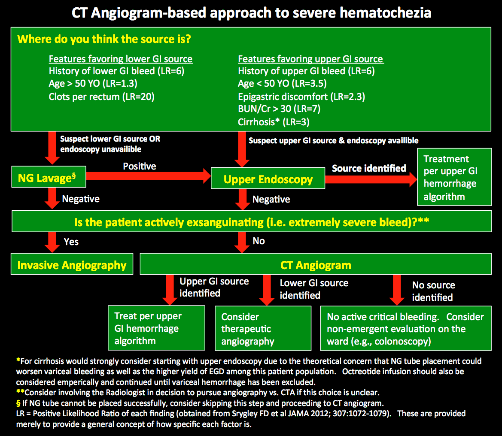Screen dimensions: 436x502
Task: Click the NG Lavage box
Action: click(x=49, y=178)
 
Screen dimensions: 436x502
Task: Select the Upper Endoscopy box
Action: click(x=268, y=179)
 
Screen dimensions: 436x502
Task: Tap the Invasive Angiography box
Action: click(x=72, y=265)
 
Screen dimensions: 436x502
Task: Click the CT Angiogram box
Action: click(x=316, y=264)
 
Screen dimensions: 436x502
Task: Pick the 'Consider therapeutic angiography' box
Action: click(x=262, y=329)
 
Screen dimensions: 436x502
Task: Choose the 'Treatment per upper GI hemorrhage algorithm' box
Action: click(x=454, y=177)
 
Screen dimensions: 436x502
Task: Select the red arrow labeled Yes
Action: click(x=53, y=242)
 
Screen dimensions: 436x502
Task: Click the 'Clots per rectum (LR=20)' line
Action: click(x=102, y=97)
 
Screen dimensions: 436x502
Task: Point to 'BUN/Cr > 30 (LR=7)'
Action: click(x=279, y=109)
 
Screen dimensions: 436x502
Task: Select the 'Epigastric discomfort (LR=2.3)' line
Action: click(x=301, y=97)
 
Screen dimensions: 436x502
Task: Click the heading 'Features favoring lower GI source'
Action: click(x=121, y=59)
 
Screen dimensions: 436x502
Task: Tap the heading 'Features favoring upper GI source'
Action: click(x=310, y=59)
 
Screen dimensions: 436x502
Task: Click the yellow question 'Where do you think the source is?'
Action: click(x=104, y=39)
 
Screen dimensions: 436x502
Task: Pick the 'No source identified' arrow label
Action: click(x=433, y=291)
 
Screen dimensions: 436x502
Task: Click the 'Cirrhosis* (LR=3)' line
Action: click(x=274, y=122)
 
